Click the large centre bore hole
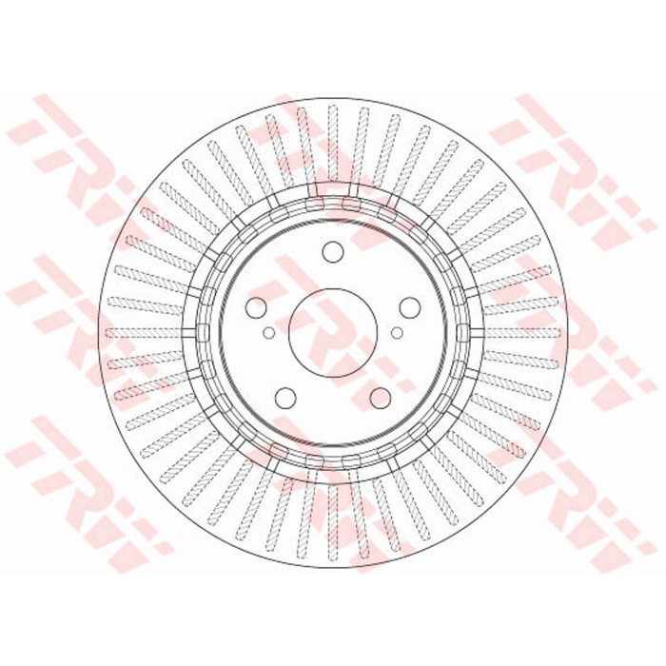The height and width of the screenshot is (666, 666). point(333,333)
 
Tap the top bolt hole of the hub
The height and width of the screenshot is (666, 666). point(333,252)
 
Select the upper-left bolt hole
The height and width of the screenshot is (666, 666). point(257,307)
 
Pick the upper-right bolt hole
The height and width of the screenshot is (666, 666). point(409,307)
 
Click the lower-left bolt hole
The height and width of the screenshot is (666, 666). point(285,397)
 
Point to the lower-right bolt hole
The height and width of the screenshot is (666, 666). point(381,397)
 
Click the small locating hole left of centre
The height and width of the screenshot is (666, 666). point(269,333)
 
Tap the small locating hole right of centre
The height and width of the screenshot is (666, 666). point(397,333)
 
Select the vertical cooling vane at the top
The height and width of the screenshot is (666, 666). point(333,145)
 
